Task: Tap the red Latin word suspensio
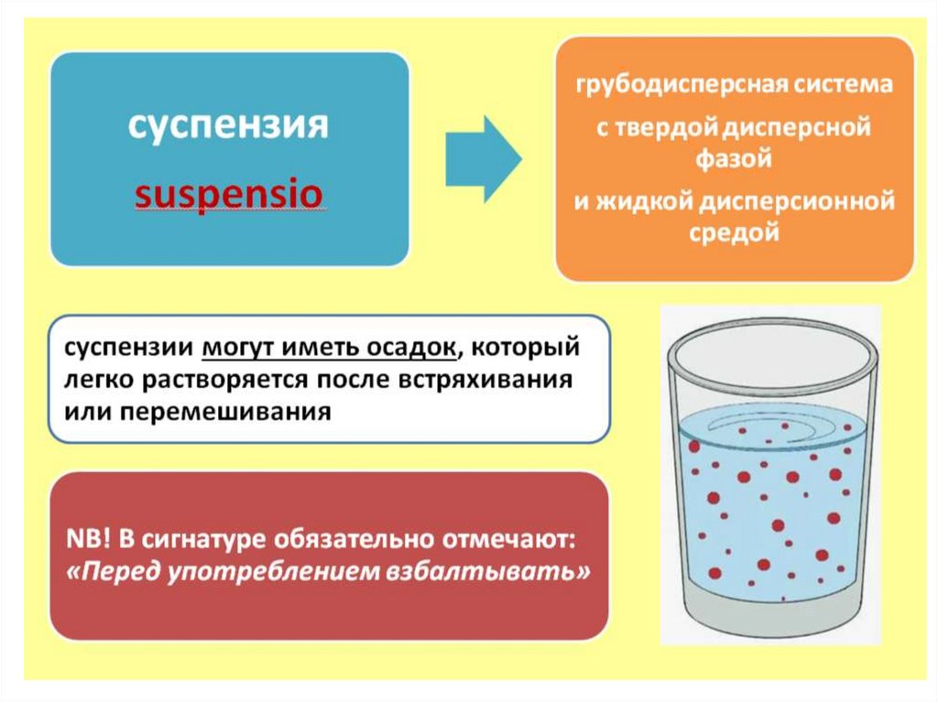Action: pos(227,195)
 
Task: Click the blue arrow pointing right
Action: pos(484,159)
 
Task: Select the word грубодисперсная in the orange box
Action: pos(673,86)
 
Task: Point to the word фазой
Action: pos(736,158)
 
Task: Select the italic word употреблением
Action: pos(262,572)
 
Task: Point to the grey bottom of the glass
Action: pos(769,622)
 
